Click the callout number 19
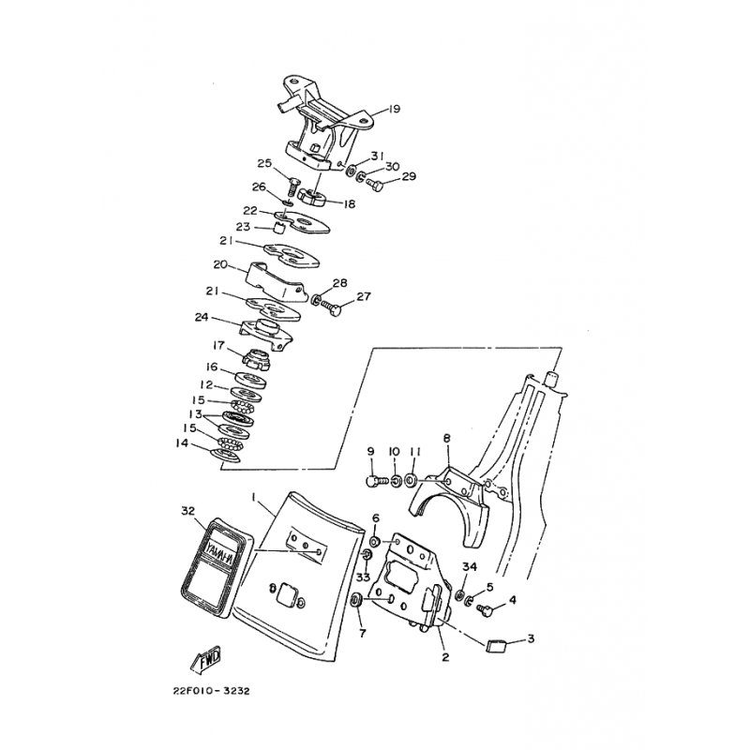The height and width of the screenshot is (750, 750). coord(393,110)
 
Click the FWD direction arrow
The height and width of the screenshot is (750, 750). coord(207,662)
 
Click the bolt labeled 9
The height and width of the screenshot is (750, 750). coord(373,480)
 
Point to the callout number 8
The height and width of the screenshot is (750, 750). coord(446,438)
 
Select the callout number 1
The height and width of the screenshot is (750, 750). coord(252,495)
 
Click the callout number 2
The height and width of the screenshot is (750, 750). coord(445,657)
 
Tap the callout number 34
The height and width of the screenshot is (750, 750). coord(470,566)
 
